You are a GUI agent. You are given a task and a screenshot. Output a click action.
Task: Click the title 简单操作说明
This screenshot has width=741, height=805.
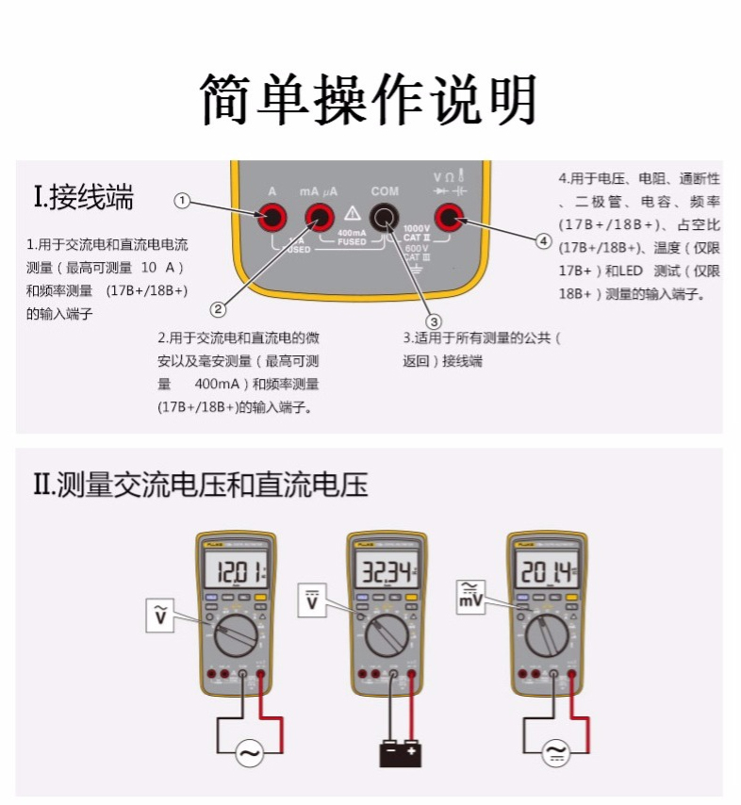[x=369, y=99]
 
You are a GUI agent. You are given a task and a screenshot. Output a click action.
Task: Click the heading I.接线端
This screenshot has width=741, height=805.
[x=83, y=198]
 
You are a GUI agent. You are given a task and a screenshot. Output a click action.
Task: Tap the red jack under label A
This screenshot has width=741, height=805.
[x=272, y=219]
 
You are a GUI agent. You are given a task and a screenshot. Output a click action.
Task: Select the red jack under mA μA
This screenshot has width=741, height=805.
[x=320, y=219]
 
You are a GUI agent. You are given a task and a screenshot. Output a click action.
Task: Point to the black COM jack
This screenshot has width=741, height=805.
[x=384, y=219]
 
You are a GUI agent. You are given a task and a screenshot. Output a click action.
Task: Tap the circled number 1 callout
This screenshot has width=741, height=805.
[x=183, y=200]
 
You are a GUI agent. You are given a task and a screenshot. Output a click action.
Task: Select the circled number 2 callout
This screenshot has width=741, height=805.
[x=219, y=308]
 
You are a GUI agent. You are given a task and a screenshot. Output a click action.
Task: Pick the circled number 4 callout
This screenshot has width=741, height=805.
[x=543, y=241]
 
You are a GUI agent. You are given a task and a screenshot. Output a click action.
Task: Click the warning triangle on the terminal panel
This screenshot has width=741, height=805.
[x=353, y=212]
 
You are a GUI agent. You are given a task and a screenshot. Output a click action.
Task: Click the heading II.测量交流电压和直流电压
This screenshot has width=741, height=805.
[x=200, y=485]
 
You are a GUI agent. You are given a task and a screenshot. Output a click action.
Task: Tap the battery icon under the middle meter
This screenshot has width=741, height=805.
[x=400, y=752]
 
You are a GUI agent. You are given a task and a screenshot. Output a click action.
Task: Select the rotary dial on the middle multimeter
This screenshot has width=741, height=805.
[x=386, y=637]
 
